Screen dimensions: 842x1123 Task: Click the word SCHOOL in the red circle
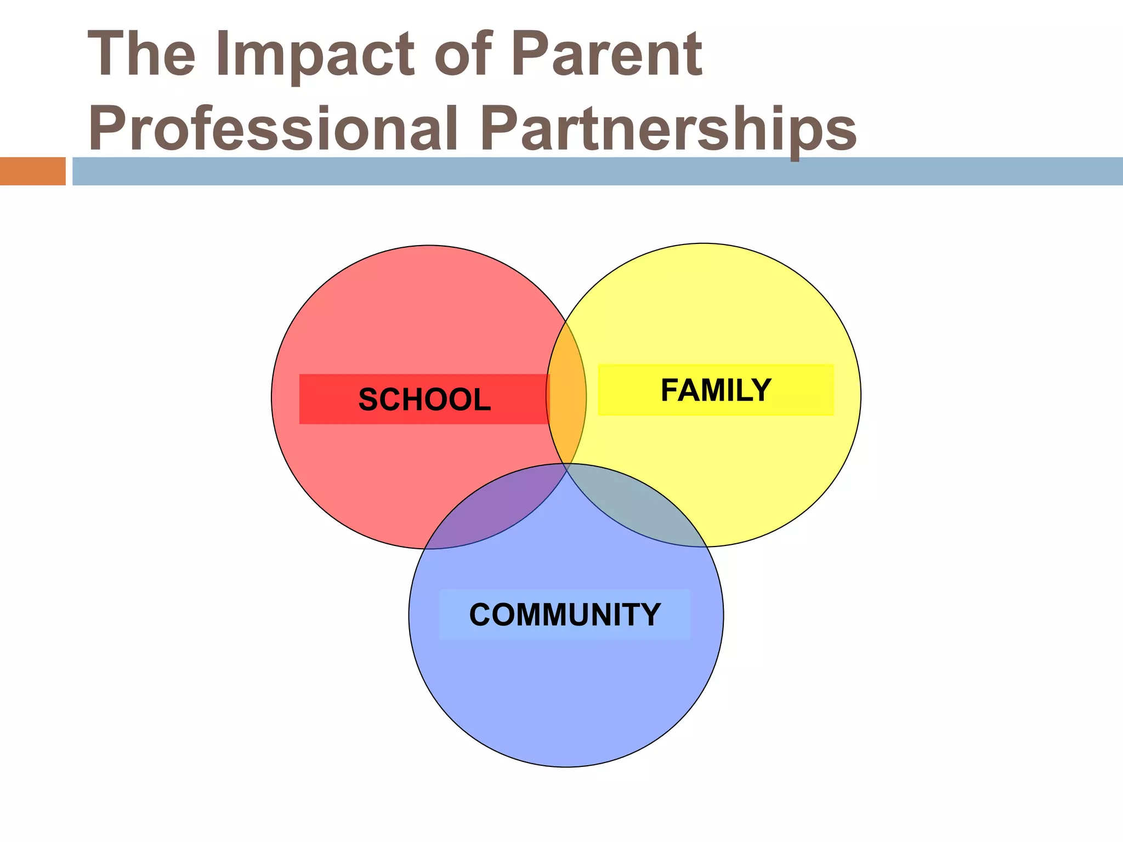pyautogui.click(x=424, y=399)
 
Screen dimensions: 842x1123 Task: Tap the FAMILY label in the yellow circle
pyautogui.click(x=716, y=390)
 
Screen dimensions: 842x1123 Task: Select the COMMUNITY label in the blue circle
pyautogui.click(x=565, y=615)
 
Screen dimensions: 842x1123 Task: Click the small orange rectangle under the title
pyautogui.click(x=32, y=171)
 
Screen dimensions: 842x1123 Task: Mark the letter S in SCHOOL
pyautogui.click(x=368, y=399)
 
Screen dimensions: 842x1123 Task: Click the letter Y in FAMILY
pyautogui.click(x=761, y=390)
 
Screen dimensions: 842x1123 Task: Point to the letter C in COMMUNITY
pyautogui.click(x=481, y=615)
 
